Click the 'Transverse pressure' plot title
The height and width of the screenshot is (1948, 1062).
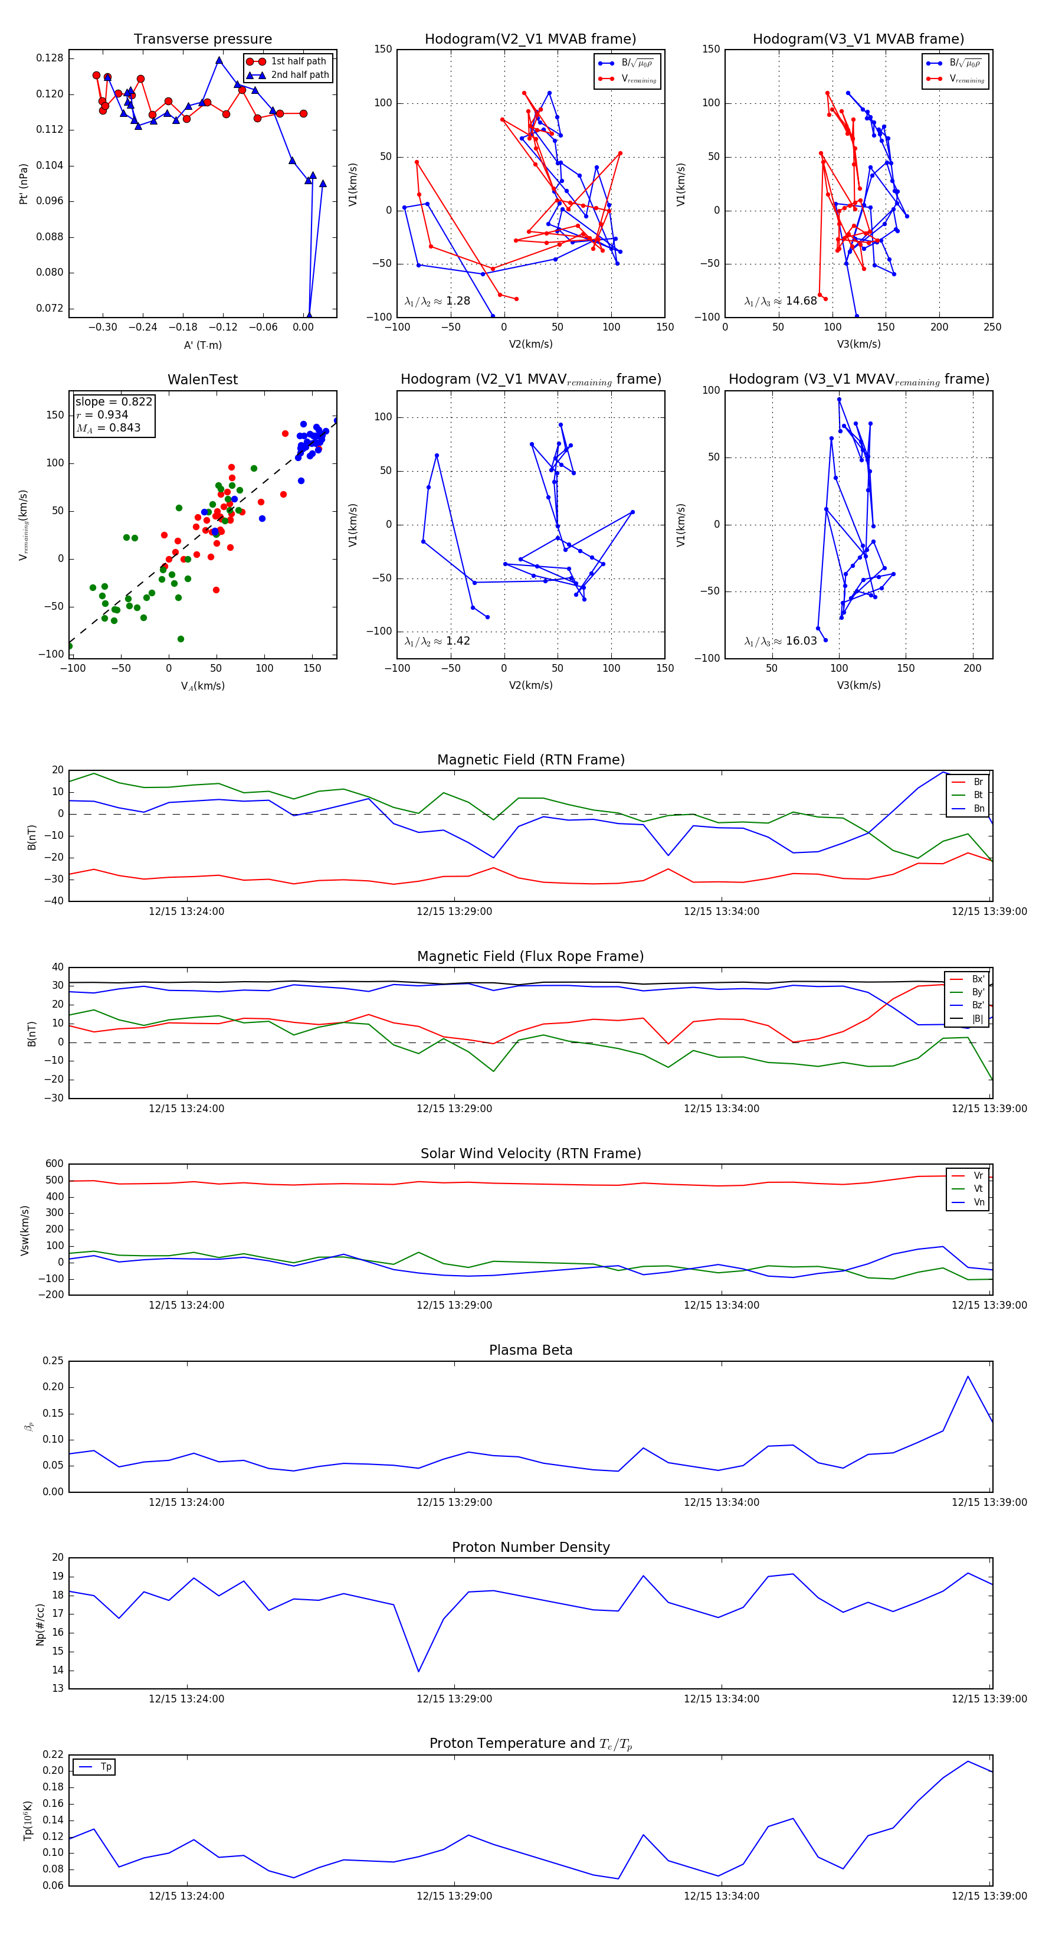(202, 40)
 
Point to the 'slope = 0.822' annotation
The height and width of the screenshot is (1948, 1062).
(113, 401)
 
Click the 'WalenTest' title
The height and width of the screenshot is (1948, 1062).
(202, 380)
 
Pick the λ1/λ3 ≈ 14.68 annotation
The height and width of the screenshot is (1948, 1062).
(780, 301)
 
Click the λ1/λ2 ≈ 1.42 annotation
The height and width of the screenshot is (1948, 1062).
(437, 641)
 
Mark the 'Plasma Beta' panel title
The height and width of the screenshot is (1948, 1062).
(530, 1351)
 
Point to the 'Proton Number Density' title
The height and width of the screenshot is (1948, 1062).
(530, 1547)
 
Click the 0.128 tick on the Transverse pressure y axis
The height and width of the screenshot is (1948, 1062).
(50, 58)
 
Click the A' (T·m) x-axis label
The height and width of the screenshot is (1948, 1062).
(202, 345)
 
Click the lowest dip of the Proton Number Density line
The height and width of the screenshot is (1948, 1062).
(419, 1671)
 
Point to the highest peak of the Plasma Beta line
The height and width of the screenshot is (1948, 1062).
(968, 1377)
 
